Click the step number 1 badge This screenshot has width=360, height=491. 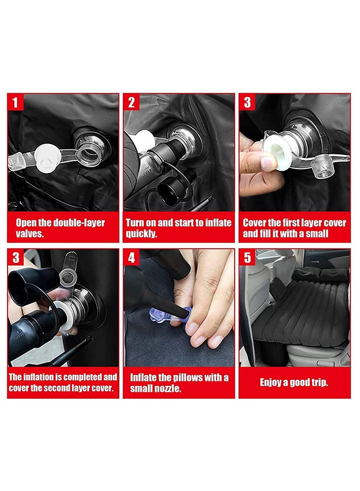pos(15,102)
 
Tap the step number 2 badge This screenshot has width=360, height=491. pos(131,102)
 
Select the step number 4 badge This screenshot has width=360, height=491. pos(131,258)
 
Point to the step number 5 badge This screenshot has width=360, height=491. pos(247,258)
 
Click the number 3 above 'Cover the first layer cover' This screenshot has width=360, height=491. pos(247,102)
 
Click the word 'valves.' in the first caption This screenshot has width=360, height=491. pos(30,233)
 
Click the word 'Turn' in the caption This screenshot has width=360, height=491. pos(135,223)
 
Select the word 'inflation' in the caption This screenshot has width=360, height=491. pos(38,376)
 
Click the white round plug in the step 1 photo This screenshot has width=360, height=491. pos(47,155)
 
